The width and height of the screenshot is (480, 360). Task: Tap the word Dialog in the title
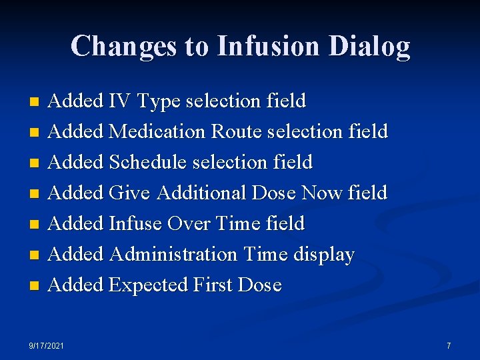(370, 46)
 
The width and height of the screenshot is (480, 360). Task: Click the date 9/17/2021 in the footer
(47, 346)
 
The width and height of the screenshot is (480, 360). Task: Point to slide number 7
(449, 346)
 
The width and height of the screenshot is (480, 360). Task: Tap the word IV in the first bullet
(120, 101)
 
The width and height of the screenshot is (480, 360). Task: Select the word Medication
(157, 132)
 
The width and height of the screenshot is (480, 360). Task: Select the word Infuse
(135, 223)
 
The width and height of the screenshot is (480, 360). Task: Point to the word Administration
(173, 254)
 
